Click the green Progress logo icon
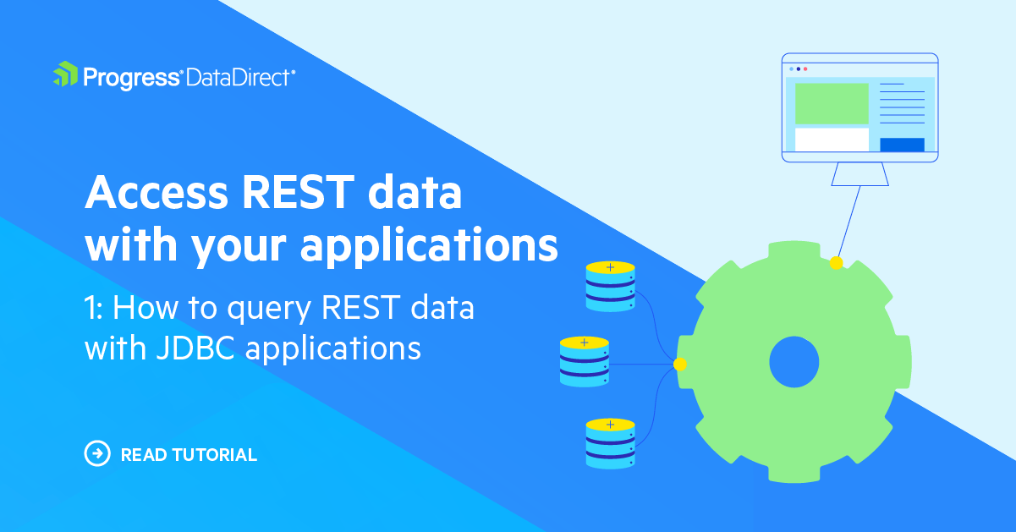[65, 75]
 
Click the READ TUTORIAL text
[189, 455]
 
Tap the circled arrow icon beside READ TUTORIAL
[98, 454]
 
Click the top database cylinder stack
[610, 286]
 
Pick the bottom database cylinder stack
[610, 442]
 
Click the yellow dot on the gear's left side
[679, 364]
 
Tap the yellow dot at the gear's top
[836, 263]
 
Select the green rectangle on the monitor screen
[832, 103]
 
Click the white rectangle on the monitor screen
[832, 140]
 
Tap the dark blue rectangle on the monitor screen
[902, 145]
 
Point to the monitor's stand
[859, 173]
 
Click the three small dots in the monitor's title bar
[798, 69]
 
